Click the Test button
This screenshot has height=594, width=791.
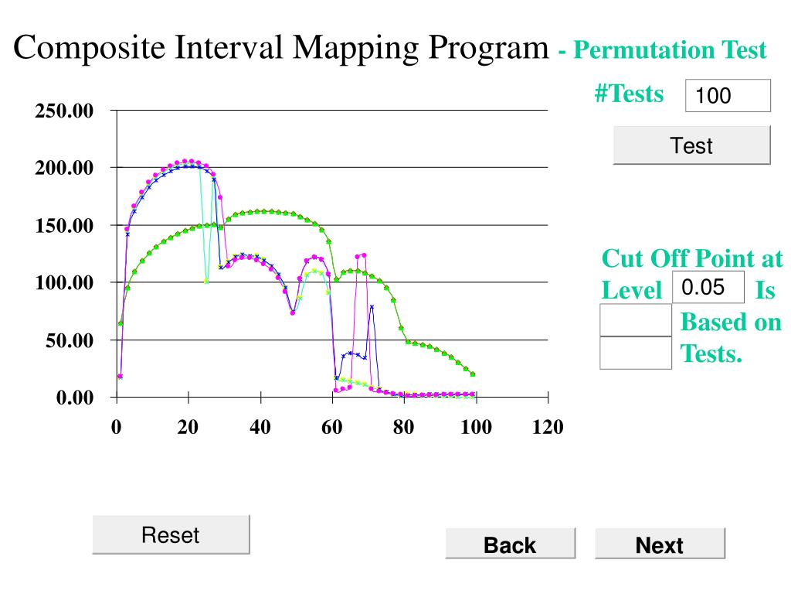point(691,145)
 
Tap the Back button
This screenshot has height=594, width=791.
point(510,545)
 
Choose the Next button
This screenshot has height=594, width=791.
point(660,545)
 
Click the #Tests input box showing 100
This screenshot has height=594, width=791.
point(728,96)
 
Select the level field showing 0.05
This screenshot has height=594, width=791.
point(708,288)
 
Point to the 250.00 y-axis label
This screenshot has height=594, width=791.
point(64,111)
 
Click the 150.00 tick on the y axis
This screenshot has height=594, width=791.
point(64,226)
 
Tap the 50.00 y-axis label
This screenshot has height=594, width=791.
point(69,340)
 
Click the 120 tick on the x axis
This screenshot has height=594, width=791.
point(548,427)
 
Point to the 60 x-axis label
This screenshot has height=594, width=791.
point(332,427)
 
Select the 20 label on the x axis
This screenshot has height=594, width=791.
point(188,427)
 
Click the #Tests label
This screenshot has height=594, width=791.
point(629,94)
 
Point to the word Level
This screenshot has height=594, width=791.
point(632,291)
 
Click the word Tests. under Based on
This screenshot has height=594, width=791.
point(711,354)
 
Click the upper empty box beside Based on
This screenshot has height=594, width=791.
point(636,321)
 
